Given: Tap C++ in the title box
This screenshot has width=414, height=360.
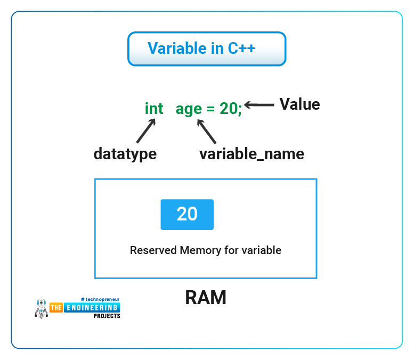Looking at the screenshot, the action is pyautogui.click(x=241, y=48).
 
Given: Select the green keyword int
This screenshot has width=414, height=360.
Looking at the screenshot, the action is pyautogui.click(x=154, y=109).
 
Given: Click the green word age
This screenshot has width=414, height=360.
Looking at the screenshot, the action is pyautogui.click(x=189, y=110).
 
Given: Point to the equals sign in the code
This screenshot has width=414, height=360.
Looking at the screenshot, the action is pyautogui.click(x=210, y=109).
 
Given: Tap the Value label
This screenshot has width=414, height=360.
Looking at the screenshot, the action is pyautogui.click(x=299, y=104).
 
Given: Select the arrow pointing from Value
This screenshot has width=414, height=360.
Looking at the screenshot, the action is pyautogui.click(x=259, y=105).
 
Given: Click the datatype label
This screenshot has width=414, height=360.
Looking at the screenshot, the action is pyautogui.click(x=125, y=154).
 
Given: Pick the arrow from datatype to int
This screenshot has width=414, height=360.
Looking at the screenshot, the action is pyautogui.click(x=146, y=131).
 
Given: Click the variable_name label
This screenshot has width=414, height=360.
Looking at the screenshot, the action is pyautogui.click(x=251, y=154).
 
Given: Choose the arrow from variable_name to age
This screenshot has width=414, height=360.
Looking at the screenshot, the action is pyautogui.click(x=207, y=132).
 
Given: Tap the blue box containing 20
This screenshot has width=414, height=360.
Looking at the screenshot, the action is pyautogui.click(x=187, y=215).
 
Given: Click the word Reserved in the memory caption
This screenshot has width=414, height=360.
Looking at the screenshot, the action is pyautogui.click(x=153, y=250).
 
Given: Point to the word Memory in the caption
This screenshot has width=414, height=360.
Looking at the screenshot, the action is pyautogui.click(x=200, y=251).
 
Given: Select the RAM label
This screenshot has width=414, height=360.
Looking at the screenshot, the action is pyautogui.click(x=206, y=298).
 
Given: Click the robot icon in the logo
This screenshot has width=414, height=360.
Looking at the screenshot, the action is pyautogui.click(x=42, y=308).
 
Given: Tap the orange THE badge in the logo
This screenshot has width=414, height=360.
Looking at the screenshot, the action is pyautogui.click(x=56, y=308).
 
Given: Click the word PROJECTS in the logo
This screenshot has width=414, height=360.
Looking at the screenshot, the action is pyautogui.click(x=107, y=316).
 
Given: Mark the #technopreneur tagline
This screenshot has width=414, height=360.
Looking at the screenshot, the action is pyautogui.click(x=100, y=300).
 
